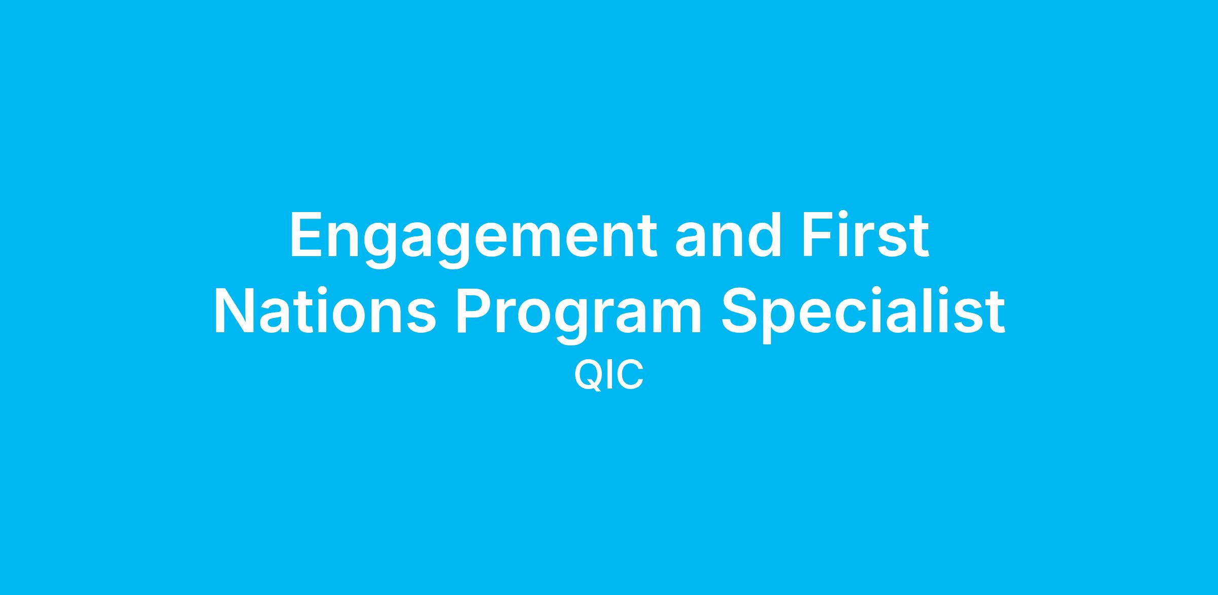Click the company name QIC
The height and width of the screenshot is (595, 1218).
(x=608, y=375)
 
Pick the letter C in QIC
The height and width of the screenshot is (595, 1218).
(x=631, y=375)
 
